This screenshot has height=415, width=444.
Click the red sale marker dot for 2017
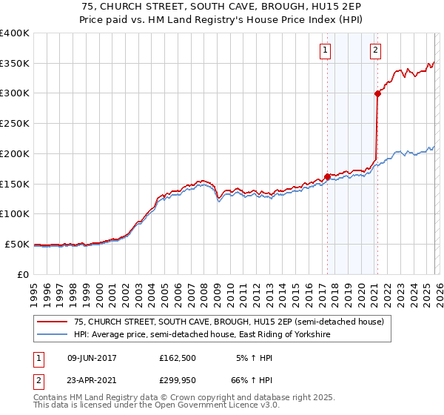(327, 176)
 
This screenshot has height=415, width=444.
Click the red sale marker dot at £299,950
(377, 93)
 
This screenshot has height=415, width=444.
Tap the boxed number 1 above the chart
(326, 50)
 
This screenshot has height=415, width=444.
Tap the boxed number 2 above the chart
(376, 50)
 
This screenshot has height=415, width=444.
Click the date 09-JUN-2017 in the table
(92, 358)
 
